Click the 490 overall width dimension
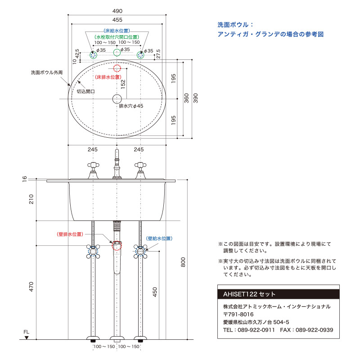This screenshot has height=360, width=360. (x=117, y=11)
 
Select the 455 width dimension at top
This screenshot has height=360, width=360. (x=117, y=20)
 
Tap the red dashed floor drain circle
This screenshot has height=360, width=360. (x=117, y=68)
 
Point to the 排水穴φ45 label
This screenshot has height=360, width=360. (x=131, y=106)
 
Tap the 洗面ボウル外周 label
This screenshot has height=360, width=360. (x=46, y=72)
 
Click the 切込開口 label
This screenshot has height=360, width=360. (x=85, y=91)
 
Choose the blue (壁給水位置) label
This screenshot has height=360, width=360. (x=159, y=238)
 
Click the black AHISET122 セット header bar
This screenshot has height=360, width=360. (x=278, y=294)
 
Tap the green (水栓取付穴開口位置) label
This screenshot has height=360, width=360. (x=117, y=36)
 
